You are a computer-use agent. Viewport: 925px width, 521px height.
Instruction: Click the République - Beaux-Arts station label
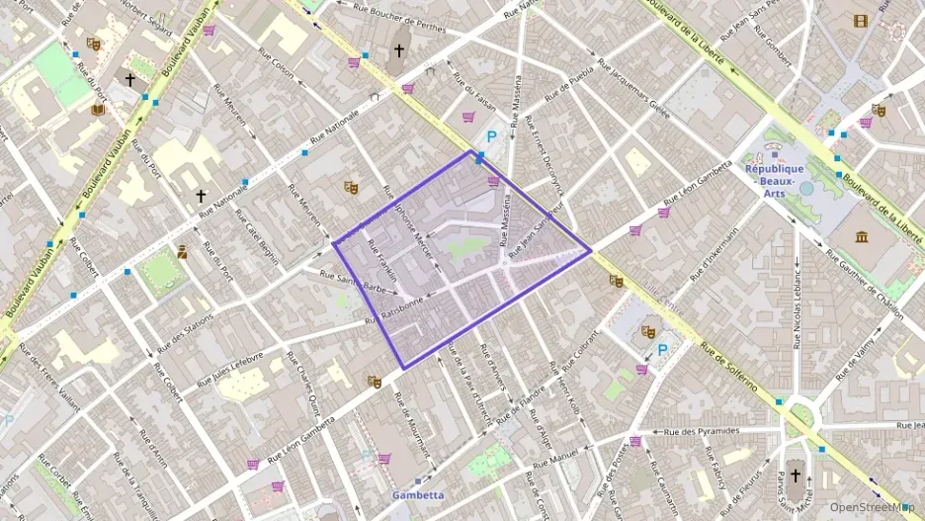[776, 174]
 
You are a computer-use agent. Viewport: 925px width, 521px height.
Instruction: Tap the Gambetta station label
[416, 494]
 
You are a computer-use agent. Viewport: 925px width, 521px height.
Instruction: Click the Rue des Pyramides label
[703, 432]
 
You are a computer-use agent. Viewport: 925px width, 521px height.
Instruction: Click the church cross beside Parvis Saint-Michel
[796, 476]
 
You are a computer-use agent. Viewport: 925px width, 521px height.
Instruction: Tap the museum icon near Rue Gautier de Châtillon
[861, 236]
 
